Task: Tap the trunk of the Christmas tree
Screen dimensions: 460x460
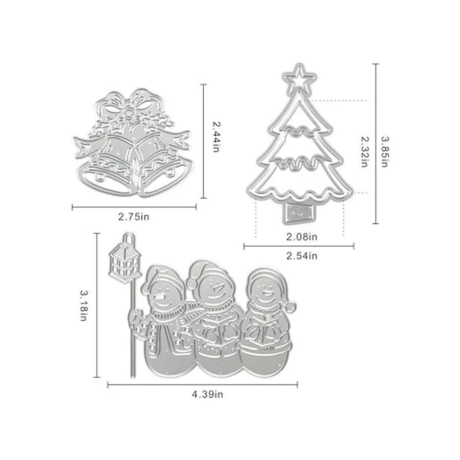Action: [x=300, y=212]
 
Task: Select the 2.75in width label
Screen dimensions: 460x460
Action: [x=133, y=217]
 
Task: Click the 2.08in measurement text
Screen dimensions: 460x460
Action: [x=302, y=237]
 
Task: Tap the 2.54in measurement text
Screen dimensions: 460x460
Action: [x=302, y=255]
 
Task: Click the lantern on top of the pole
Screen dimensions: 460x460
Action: [x=124, y=262]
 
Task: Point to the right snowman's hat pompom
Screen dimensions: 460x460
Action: [x=291, y=307]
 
